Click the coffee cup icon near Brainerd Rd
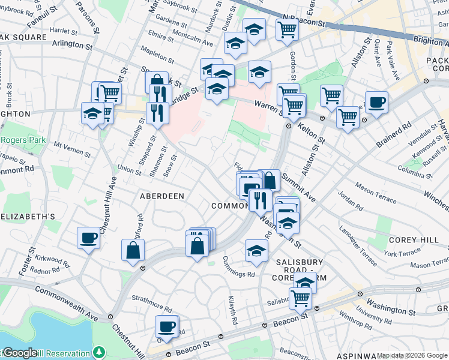(x=376, y=103)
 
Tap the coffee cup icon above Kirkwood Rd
(x=88, y=238)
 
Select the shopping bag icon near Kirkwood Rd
(x=133, y=251)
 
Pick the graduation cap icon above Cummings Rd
(x=256, y=250)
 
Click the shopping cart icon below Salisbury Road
(x=301, y=298)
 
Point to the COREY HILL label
(x=411, y=239)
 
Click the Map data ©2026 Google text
(x=412, y=355)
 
